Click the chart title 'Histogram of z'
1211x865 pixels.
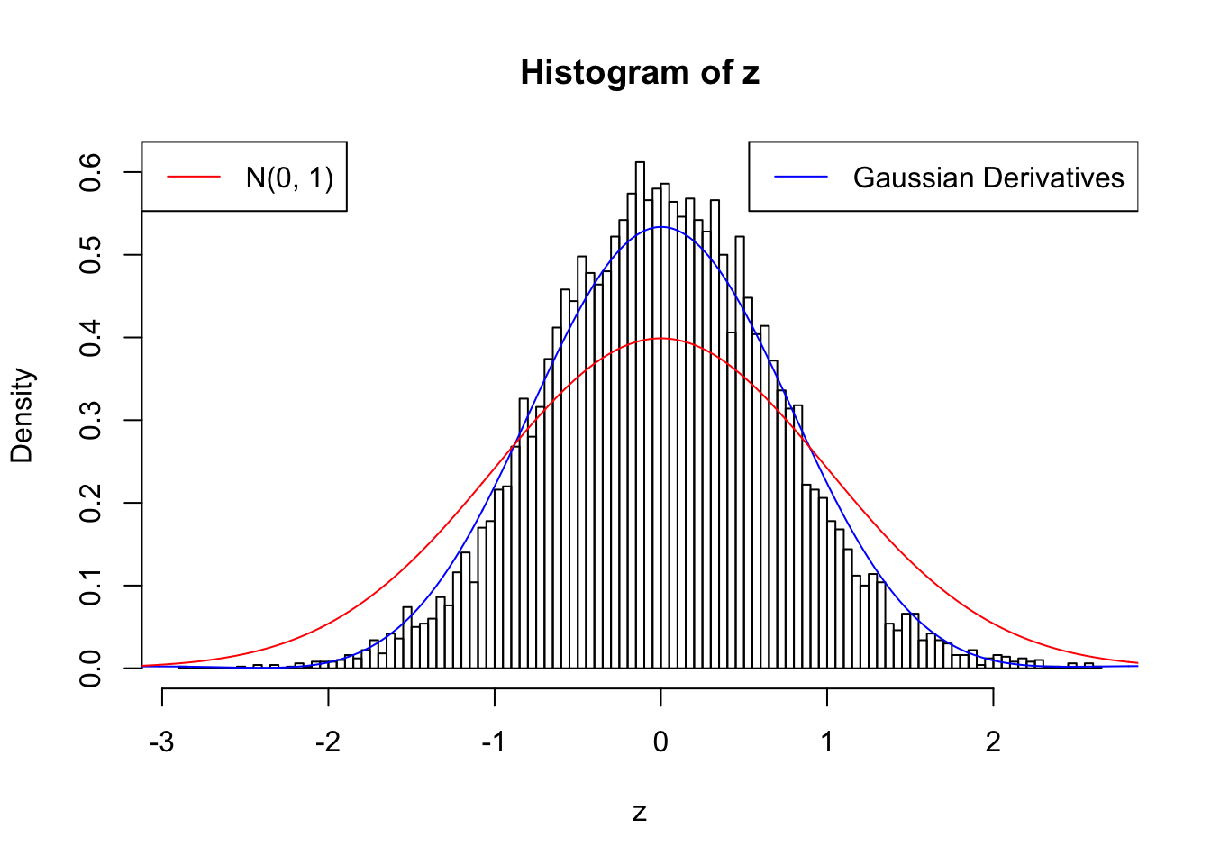coord(640,73)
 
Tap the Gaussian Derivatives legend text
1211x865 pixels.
coord(988,178)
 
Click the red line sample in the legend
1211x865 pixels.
coord(194,178)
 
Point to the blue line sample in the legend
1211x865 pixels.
coord(801,178)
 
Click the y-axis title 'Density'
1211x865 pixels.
coord(22,415)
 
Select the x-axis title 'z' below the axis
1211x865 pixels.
coord(640,813)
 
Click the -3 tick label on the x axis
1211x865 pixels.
coord(161,742)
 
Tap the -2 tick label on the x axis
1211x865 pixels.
coord(327,742)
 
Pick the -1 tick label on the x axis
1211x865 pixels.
coord(493,742)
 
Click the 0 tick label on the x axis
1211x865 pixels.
coord(660,742)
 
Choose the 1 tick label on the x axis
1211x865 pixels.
coord(827,742)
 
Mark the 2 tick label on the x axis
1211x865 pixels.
coord(993,742)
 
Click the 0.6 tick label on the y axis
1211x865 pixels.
coord(91,172)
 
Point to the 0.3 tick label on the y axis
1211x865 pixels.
coord(91,420)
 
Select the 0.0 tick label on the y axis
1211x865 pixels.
coord(91,668)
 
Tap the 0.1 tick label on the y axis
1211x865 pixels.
coord(91,586)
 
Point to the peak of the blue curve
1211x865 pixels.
coord(660,227)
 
